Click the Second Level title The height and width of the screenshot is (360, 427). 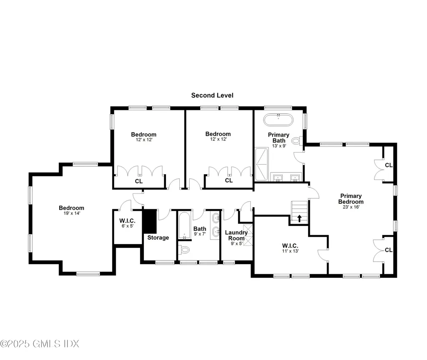point(212,95)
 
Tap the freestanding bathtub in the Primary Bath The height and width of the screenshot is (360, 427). point(278,120)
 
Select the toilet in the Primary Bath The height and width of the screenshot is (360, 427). point(296,141)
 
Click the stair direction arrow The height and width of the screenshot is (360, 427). point(299,218)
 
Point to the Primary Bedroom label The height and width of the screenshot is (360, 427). point(351,199)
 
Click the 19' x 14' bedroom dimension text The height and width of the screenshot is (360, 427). point(71,213)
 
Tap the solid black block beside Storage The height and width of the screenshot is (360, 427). point(149,221)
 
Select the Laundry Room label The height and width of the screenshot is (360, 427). point(236,235)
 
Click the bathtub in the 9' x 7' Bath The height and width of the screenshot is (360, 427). point(183,225)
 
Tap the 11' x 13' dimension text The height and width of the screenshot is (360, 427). point(290,251)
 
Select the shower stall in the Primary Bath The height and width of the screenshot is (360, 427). point(262,163)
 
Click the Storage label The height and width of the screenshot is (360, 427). point(158,237)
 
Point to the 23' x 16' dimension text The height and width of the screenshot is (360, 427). point(351,207)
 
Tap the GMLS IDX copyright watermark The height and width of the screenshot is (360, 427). point(40,344)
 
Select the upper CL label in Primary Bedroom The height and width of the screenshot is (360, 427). point(389,165)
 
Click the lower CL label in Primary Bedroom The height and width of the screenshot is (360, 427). point(389,250)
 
